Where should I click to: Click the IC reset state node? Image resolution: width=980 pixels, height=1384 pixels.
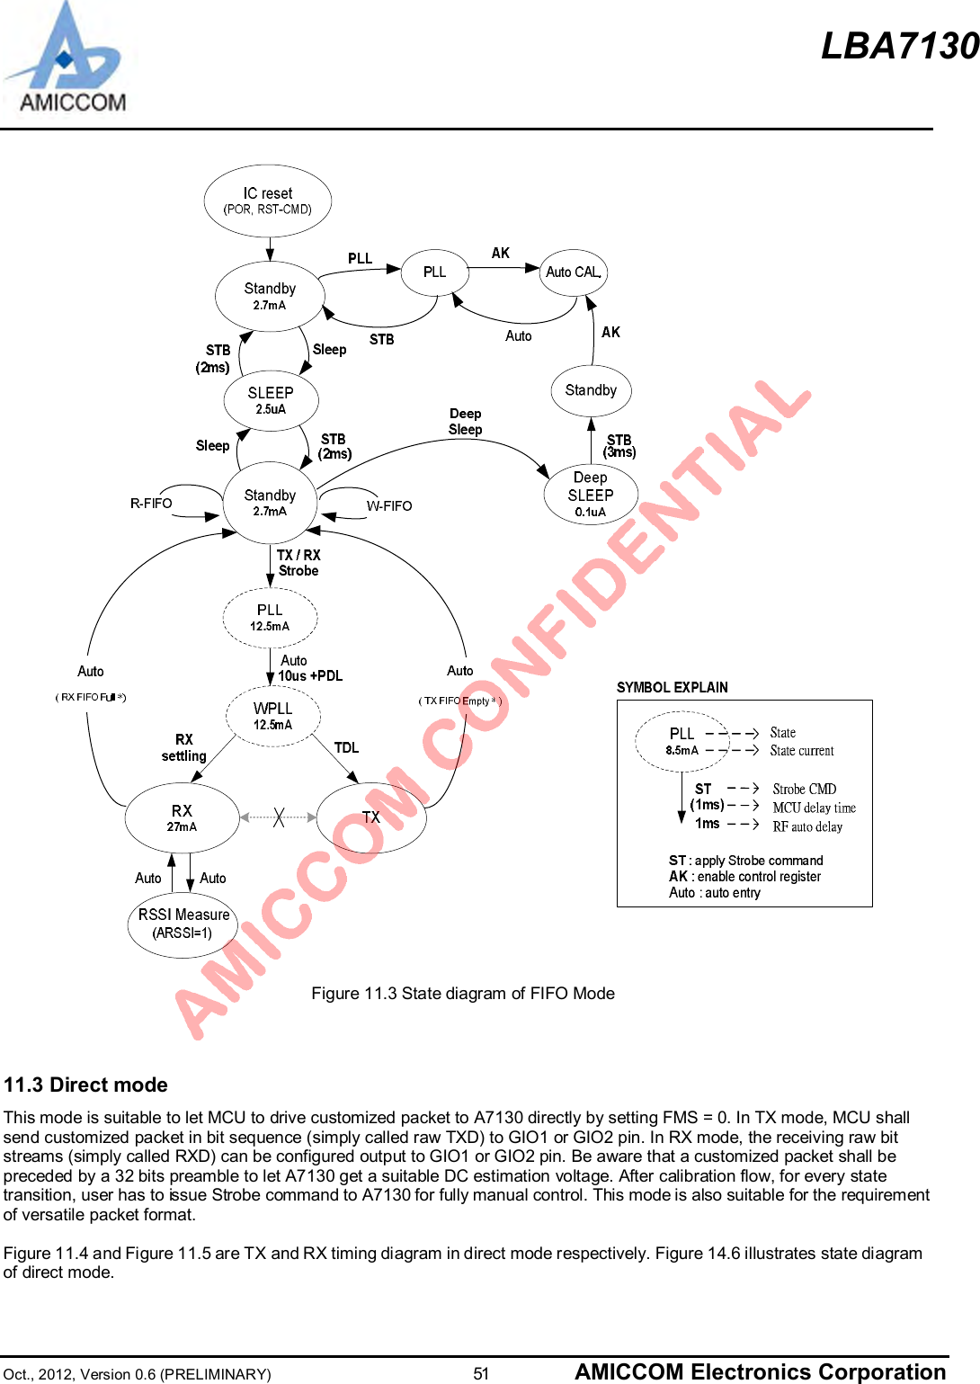[x=268, y=201]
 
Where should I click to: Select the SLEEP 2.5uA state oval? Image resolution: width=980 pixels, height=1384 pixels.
[x=271, y=399]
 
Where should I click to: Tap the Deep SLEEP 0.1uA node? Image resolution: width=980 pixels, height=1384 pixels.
[x=591, y=494]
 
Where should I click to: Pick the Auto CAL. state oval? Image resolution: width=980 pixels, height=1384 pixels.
[x=574, y=272]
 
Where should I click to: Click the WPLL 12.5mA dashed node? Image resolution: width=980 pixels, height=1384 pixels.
[x=272, y=716]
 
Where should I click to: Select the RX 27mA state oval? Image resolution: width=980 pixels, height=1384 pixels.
[x=182, y=817]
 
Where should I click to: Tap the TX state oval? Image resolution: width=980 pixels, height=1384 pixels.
[x=371, y=817]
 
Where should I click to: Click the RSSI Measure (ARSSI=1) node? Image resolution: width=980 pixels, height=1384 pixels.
[x=183, y=924]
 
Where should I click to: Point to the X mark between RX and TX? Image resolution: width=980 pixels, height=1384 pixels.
[x=279, y=817]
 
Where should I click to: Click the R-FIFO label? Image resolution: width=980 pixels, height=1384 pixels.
[x=151, y=504]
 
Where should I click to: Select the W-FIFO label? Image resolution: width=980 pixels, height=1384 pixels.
[x=389, y=506]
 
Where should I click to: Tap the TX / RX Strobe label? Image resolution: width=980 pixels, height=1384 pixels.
[x=298, y=563]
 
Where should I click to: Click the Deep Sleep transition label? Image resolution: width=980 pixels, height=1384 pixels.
[x=466, y=422]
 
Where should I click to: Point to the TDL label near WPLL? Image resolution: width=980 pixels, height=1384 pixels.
[x=346, y=748]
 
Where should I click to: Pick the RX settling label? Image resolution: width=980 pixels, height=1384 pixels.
[x=184, y=748]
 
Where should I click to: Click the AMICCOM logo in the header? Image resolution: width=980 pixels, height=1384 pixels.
[x=67, y=59]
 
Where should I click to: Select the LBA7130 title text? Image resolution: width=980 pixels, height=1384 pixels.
[x=899, y=46]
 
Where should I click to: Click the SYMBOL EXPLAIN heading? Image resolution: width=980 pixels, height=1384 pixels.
[x=673, y=688]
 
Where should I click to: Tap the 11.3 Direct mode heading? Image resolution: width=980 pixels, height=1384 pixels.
[x=86, y=1085]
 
